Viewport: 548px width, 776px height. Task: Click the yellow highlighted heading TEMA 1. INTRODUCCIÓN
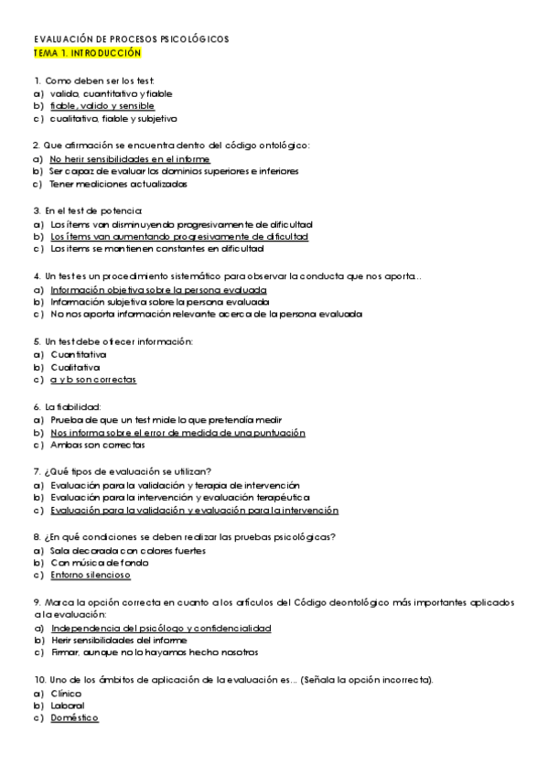click(87, 54)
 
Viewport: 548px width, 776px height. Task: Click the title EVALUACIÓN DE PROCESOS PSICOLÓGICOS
click(131, 40)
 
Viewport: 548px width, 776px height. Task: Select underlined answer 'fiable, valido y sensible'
click(102, 106)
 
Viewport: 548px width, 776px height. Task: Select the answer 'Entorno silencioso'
click(91, 577)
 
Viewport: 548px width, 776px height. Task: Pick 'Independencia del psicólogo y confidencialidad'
click(161, 630)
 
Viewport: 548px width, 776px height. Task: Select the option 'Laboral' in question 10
click(68, 706)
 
